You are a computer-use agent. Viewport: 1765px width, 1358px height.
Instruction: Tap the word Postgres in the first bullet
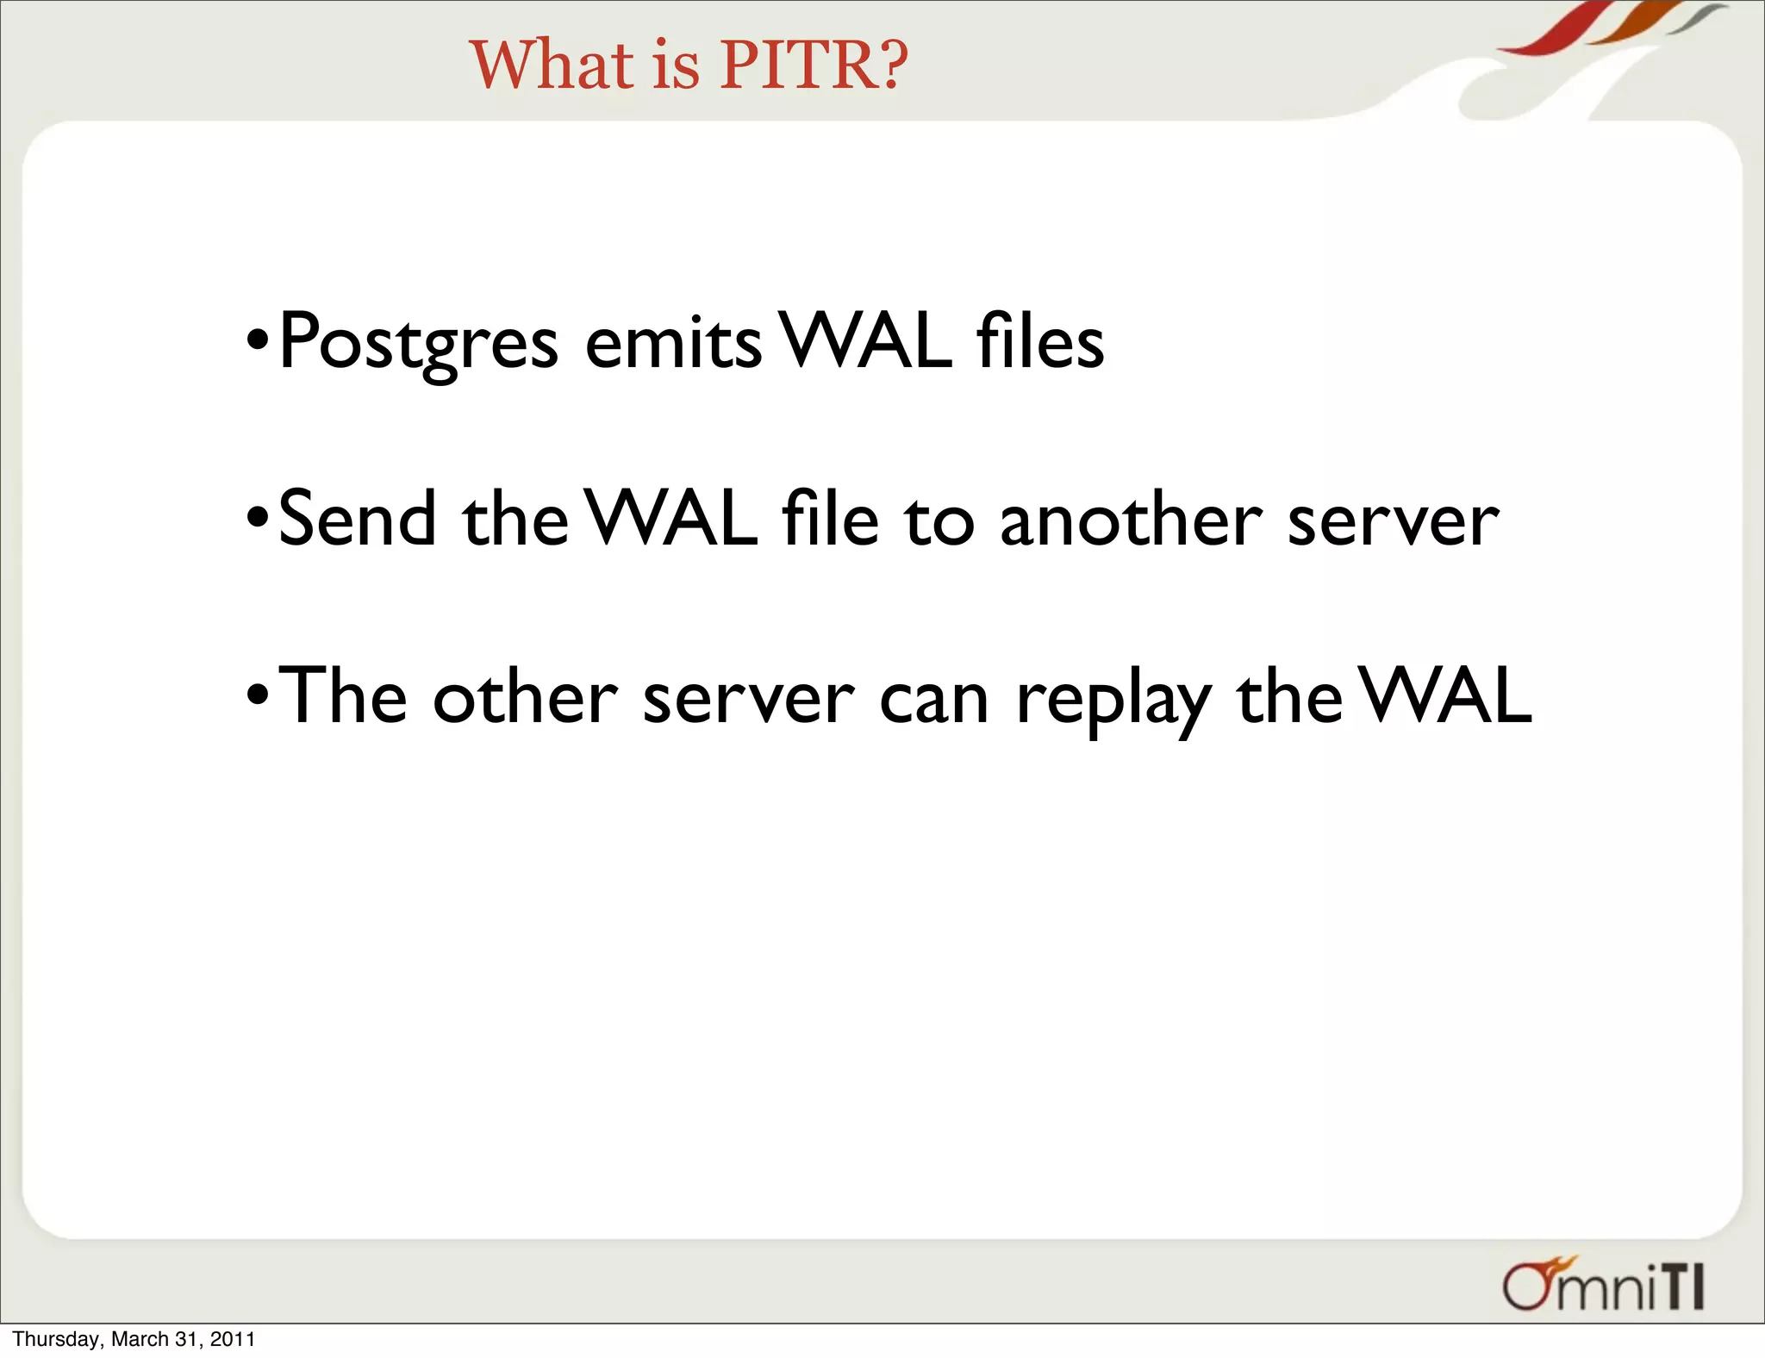[x=419, y=343]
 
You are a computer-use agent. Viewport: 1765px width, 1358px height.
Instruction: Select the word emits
[x=673, y=343]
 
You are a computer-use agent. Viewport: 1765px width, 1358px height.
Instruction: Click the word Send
[x=357, y=520]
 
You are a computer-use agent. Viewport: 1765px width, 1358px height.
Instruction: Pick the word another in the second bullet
[x=1130, y=520]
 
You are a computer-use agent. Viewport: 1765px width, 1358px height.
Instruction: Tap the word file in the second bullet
[x=830, y=519]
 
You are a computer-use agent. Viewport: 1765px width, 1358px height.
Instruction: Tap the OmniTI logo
[x=1603, y=1286]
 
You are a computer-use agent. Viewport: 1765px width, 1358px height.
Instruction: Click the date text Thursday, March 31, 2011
[x=134, y=1339]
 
